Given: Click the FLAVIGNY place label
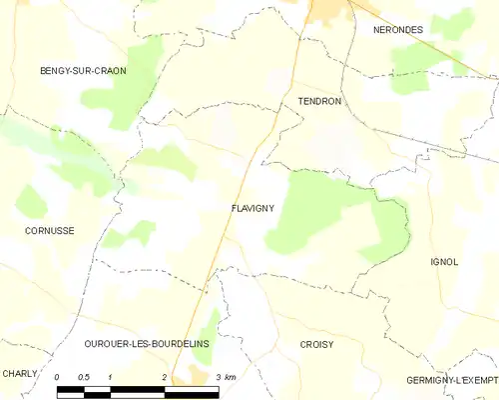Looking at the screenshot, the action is [x=252, y=209].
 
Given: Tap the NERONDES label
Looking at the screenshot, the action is [x=397, y=30].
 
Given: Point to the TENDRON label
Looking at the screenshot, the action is [x=319, y=102].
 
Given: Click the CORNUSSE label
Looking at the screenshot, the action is [x=49, y=230].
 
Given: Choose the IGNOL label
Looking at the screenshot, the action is [x=444, y=262].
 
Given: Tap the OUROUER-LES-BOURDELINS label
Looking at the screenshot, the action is [x=146, y=343].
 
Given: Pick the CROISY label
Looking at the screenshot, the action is [x=316, y=344].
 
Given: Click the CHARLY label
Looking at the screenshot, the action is [x=20, y=373].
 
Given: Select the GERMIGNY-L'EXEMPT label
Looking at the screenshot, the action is [x=452, y=381].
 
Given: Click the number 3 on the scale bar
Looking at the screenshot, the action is [x=218, y=377].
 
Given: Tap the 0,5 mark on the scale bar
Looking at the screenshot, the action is [x=83, y=377].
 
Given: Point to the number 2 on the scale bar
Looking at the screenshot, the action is [x=164, y=377].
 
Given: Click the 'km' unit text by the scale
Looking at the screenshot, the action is [x=231, y=377].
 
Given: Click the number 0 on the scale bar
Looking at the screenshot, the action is [x=58, y=377].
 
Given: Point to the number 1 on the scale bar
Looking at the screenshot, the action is [x=110, y=377].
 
